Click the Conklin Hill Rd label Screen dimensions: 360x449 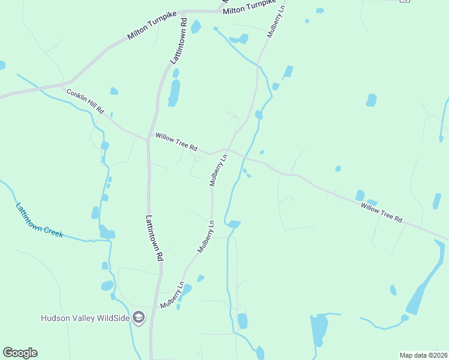pyautogui.click(x=86, y=102)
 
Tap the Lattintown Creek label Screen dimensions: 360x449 pyautogui.click(x=39, y=220)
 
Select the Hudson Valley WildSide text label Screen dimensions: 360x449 pyautogui.click(x=85, y=318)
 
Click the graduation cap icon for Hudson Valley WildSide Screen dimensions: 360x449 pyautogui.click(x=139, y=317)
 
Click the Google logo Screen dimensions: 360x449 pyautogui.click(x=20, y=353)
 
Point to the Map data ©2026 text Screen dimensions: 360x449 pyautogui.click(x=423, y=355)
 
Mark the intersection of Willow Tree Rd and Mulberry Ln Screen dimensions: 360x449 pyautogui.click(x=226, y=149)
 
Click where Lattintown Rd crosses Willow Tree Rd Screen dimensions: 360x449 pyautogui.click(x=147, y=140)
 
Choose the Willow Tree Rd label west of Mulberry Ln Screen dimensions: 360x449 pyautogui.click(x=176, y=142)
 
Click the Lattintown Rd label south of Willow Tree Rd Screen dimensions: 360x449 pyautogui.click(x=154, y=238)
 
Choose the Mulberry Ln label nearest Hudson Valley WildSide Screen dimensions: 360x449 pyautogui.click(x=172, y=296)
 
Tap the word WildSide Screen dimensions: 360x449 pyautogui.click(x=112, y=318)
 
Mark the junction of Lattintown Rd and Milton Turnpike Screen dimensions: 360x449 pyautogui.click(x=183, y=11)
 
